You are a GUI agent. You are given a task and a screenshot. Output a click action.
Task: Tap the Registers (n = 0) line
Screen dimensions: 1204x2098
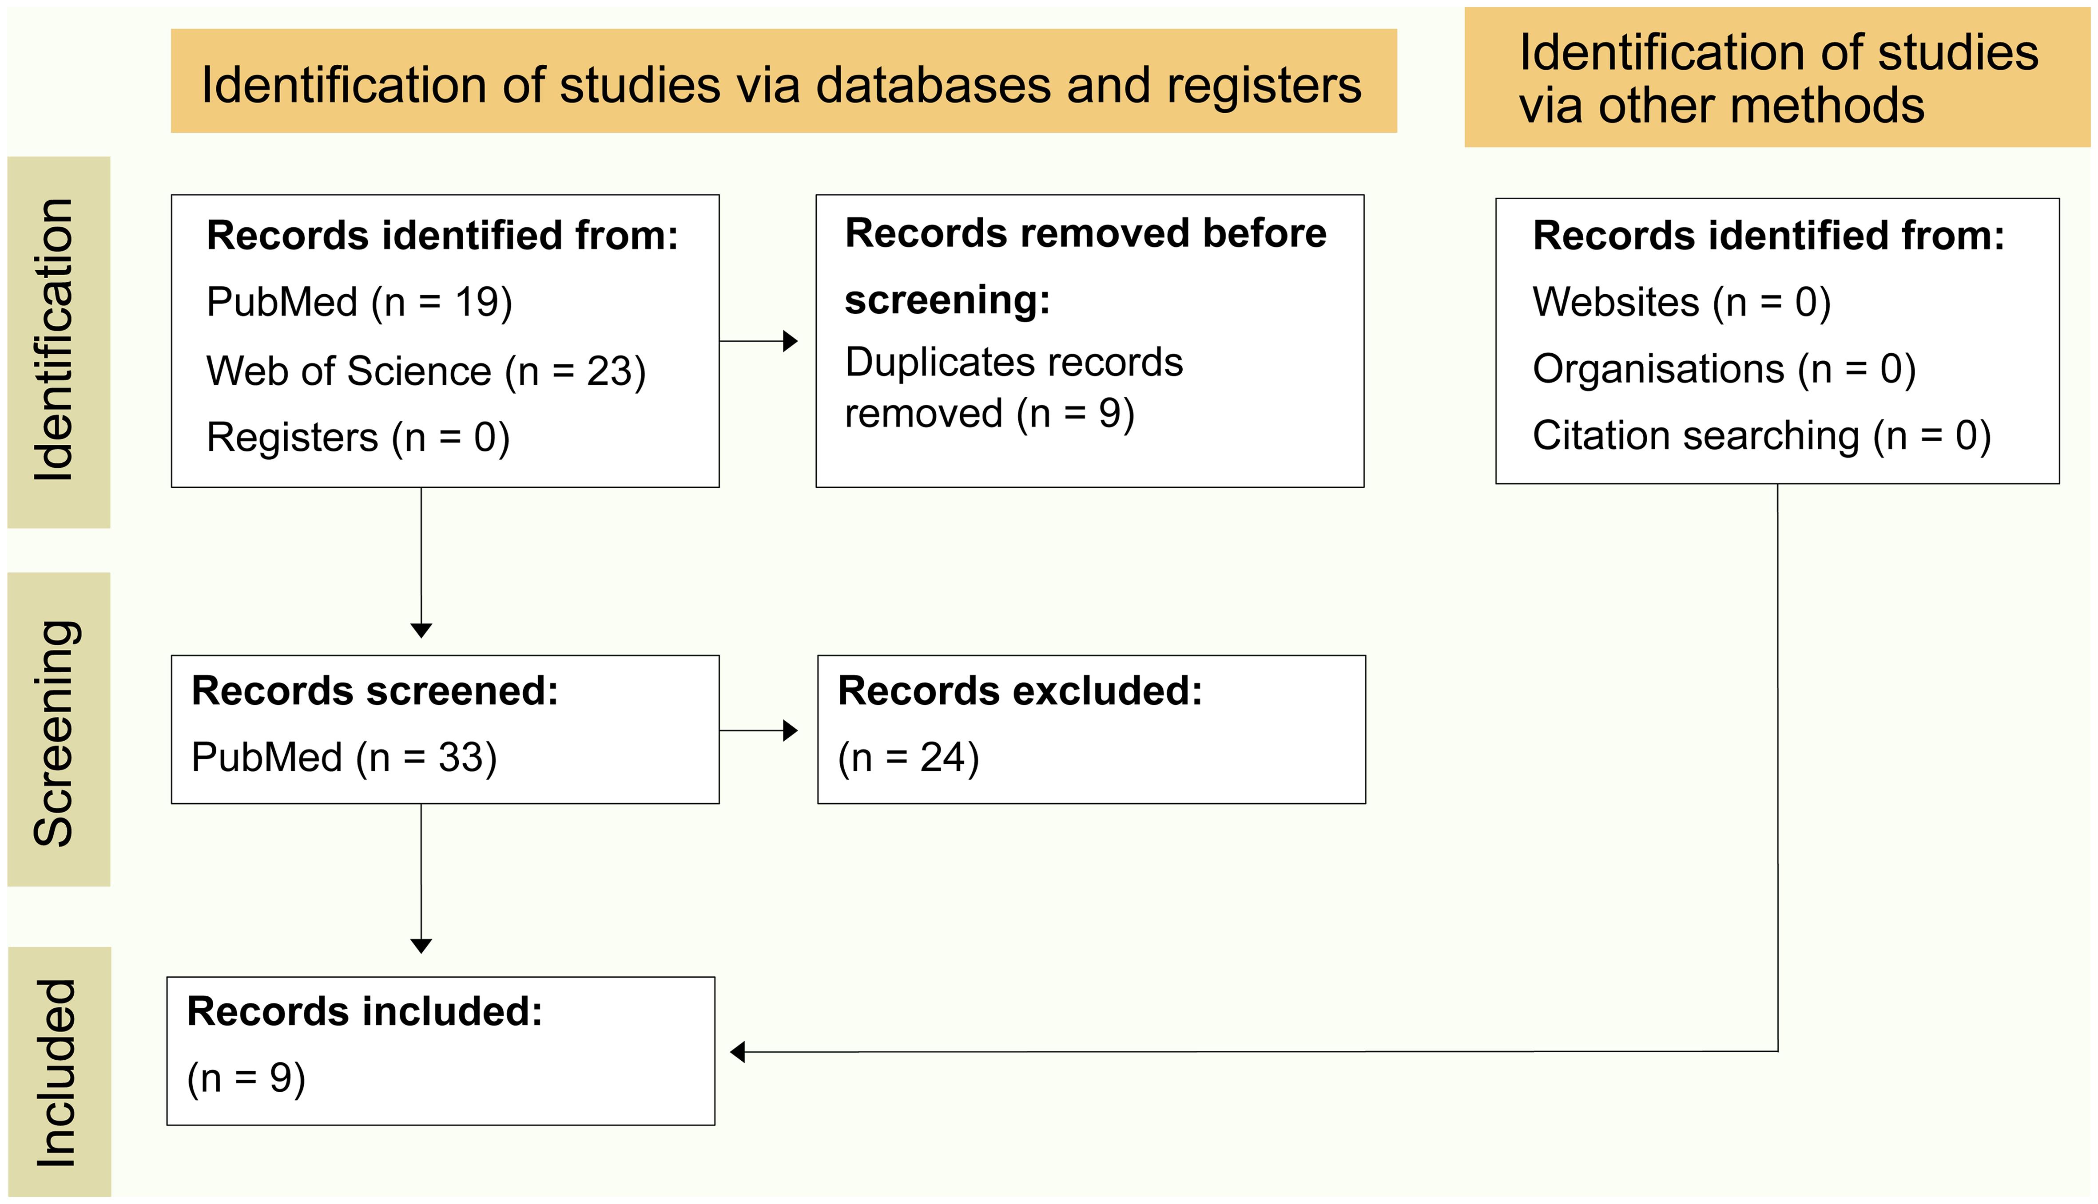pos(358,438)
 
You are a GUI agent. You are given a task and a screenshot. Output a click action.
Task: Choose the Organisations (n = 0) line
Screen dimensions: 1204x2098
pos(1723,369)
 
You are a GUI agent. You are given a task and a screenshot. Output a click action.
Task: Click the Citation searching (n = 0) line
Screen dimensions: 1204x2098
pos(1760,436)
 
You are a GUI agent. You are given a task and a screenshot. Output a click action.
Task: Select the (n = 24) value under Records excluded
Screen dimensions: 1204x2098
pos(908,758)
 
